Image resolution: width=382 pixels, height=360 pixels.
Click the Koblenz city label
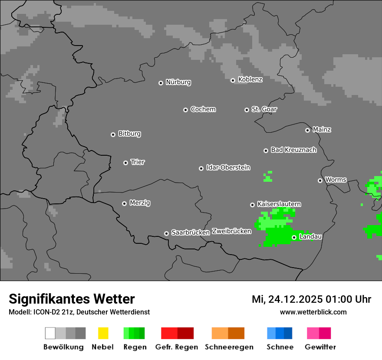pyautogui.click(x=250, y=79)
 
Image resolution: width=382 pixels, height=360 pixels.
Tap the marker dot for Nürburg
pyautogui.click(x=161, y=83)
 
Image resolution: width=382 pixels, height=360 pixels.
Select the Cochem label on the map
pyautogui.click(x=203, y=109)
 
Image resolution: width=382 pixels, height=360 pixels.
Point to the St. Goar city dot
pyautogui.click(x=247, y=110)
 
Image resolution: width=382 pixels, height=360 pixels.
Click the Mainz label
pyautogui.click(x=322, y=130)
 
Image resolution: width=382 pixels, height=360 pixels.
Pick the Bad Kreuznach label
pyautogui.click(x=293, y=150)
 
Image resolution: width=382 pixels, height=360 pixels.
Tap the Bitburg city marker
pyautogui.click(x=113, y=134)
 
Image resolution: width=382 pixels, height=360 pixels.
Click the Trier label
pyautogui.click(x=138, y=162)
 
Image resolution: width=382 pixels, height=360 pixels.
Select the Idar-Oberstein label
pyautogui.click(x=228, y=167)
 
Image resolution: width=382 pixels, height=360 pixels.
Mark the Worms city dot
pyautogui.click(x=320, y=180)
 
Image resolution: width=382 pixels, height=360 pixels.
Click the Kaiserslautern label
pyautogui.click(x=279, y=204)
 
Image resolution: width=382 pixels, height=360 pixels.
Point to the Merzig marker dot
pyautogui.click(x=124, y=203)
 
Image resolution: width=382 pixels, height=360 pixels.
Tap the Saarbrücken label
pyautogui.click(x=190, y=232)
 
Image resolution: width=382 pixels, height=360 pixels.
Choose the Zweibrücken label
pyautogui.click(x=231, y=231)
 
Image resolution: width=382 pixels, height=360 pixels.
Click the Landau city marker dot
pyautogui.click(x=294, y=237)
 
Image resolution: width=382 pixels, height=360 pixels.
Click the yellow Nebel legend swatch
pyautogui.click(x=103, y=333)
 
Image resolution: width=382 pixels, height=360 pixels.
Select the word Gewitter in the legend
pyautogui.click(x=320, y=347)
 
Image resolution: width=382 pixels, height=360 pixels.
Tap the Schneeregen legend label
pyautogui.click(x=229, y=347)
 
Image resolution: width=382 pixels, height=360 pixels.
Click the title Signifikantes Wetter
pyautogui.click(x=72, y=299)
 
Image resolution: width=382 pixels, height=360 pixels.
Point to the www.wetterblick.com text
pyautogui.click(x=313, y=312)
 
